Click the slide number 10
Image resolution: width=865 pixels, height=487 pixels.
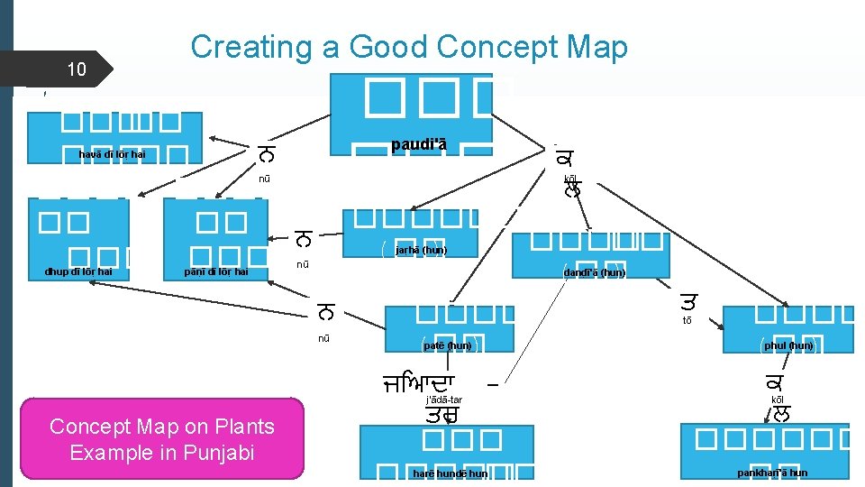click(x=77, y=69)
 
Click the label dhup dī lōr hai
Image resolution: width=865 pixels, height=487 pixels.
click(x=80, y=271)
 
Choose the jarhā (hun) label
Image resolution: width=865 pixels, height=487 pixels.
click(x=414, y=250)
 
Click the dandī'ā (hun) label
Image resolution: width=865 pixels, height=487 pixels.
click(x=594, y=272)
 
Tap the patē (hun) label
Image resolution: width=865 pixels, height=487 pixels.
click(x=448, y=345)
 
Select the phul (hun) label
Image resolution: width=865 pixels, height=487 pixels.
click(x=788, y=345)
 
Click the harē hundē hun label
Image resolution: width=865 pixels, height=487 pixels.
click(x=451, y=473)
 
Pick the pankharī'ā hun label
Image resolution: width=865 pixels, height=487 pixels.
click(x=772, y=473)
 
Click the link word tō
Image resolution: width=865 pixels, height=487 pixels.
click(x=687, y=319)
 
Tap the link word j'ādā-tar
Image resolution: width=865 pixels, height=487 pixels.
click(x=443, y=399)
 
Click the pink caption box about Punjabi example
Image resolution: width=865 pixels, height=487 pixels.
click(x=162, y=438)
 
